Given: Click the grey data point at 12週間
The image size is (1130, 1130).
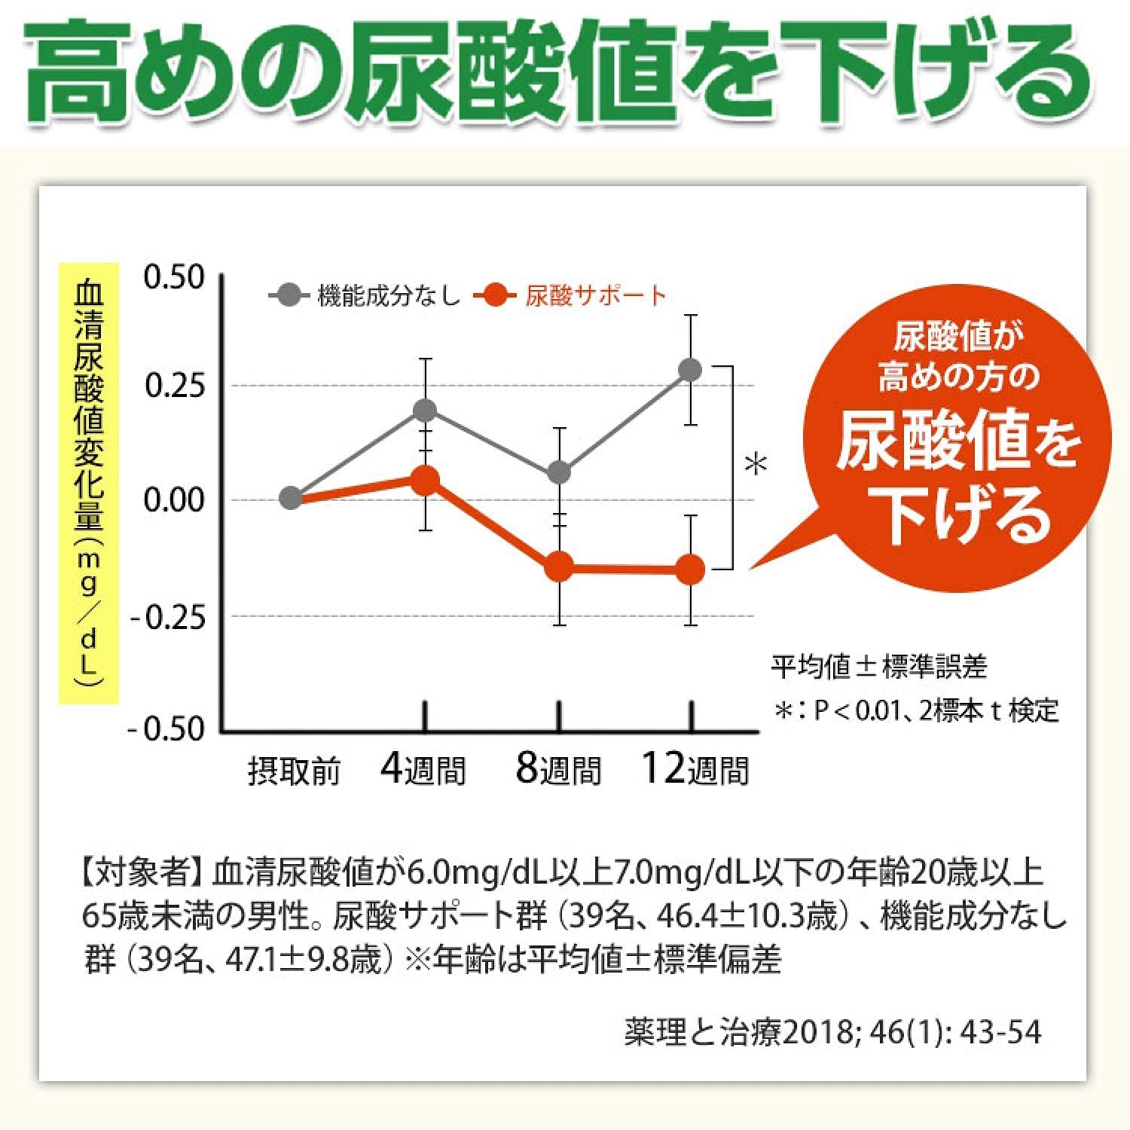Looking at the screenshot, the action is click(x=690, y=370).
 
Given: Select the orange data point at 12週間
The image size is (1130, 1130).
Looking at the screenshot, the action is click(x=690, y=570).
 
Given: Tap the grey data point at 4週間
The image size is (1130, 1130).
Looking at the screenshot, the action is click(x=426, y=410).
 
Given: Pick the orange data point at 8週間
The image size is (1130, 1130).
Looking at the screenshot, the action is click(x=559, y=567).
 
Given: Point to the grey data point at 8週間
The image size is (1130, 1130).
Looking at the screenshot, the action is click(x=559, y=473).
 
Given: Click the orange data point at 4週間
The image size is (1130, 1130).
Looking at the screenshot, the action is click(x=426, y=480).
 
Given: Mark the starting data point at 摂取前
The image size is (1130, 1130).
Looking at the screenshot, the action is click(x=291, y=498).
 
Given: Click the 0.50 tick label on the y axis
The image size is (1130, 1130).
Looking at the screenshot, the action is click(x=174, y=277).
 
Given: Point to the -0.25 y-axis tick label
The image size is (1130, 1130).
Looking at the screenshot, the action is click(x=167, y=618).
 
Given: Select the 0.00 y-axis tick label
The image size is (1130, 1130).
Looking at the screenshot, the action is click(x=174, y=499).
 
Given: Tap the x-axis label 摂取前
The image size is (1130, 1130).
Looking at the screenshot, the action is click(x=294, y=771).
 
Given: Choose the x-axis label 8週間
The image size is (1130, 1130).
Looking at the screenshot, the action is click(x=559, y=770).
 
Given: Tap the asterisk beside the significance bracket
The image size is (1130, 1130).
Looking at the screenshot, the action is click(x=756, y=463).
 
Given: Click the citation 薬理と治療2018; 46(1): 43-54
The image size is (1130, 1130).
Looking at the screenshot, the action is click(x=832, y=1032).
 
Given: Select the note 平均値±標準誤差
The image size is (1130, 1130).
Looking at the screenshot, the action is click(x=878, y=666).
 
